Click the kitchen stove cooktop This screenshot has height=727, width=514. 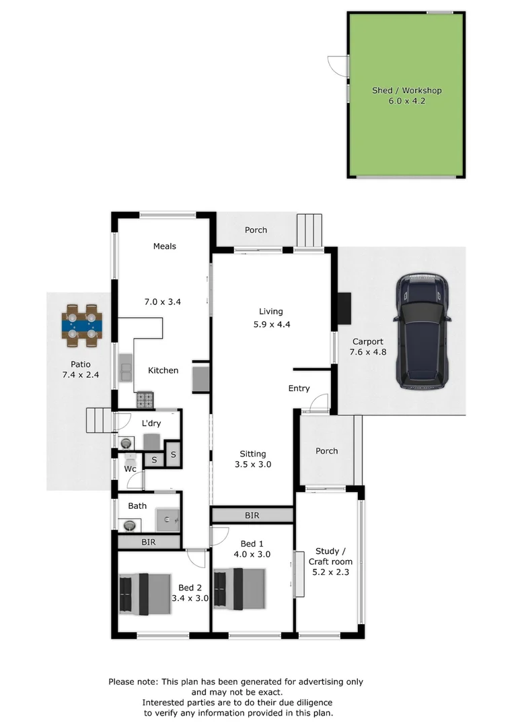click(x=145, y=400)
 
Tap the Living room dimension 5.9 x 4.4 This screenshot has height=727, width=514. click(x=270, y=324)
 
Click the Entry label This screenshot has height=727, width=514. click(x=299, y=388)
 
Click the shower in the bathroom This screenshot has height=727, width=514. click(x=168, y=519)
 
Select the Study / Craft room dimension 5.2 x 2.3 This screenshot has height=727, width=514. click(x=330, y=573)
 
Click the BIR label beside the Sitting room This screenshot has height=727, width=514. click(x=252, y=516)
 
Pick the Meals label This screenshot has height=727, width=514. click(x=164, y=246)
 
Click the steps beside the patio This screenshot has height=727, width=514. click(x=98, y=421)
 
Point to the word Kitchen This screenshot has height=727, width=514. click(x=163, y=370)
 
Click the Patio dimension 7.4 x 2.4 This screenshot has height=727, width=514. click(x=80, y=375)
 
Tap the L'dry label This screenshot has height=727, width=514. click(x=151, y=423)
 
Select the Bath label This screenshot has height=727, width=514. click(x=137, y=506)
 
